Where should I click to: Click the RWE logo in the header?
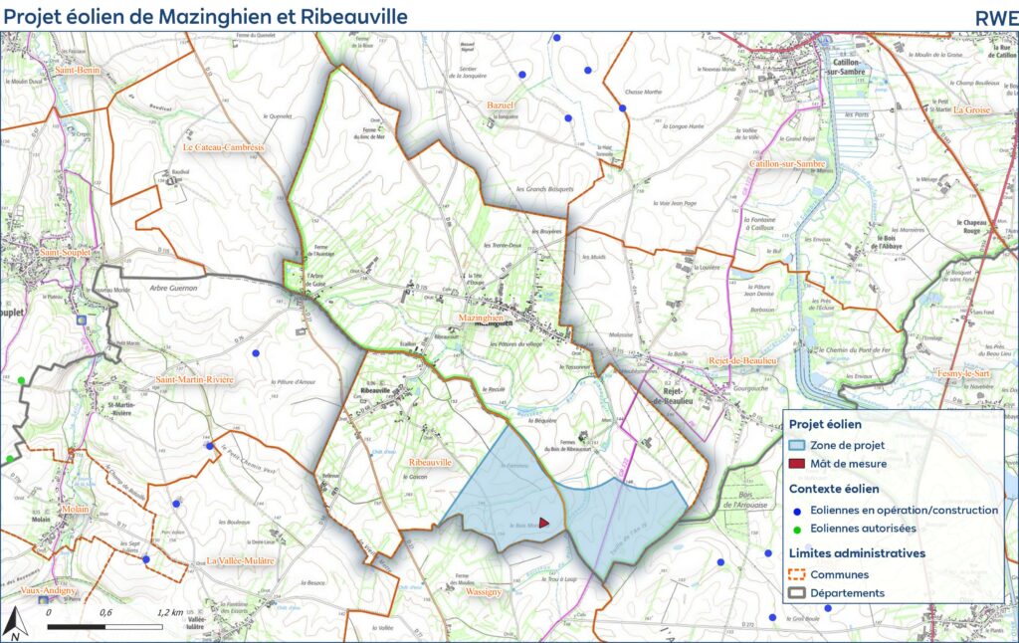point(996,16)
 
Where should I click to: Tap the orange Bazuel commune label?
point(499,105)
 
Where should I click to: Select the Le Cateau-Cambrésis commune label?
point(223,147)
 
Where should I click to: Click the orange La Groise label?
point(971,109)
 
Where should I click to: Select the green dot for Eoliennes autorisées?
point(797,529)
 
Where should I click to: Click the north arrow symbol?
point(15,624)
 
